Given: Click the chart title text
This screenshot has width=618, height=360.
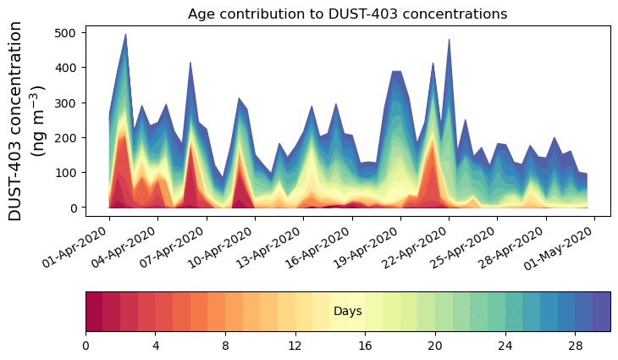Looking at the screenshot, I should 347,14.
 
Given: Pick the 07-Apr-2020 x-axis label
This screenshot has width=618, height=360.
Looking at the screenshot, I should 176,248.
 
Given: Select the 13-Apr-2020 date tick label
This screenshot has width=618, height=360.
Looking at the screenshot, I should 273,248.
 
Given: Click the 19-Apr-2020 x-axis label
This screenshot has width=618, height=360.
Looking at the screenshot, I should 371,248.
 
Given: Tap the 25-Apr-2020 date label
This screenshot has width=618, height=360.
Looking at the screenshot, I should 468,248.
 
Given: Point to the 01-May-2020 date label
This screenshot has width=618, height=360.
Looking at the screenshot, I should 565,248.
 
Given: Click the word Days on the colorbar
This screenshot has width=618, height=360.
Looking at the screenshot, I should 347,312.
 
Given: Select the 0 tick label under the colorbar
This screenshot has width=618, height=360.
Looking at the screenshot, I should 86,346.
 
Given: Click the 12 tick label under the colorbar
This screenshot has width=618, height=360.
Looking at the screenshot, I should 295,346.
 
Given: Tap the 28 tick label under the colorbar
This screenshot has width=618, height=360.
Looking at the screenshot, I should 575,346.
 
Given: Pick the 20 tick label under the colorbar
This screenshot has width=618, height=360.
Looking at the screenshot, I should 435,346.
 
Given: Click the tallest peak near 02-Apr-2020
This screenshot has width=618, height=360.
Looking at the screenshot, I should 125,36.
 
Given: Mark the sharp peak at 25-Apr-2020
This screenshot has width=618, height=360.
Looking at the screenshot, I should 449,41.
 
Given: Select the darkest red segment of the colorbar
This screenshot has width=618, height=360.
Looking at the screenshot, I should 94,311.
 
